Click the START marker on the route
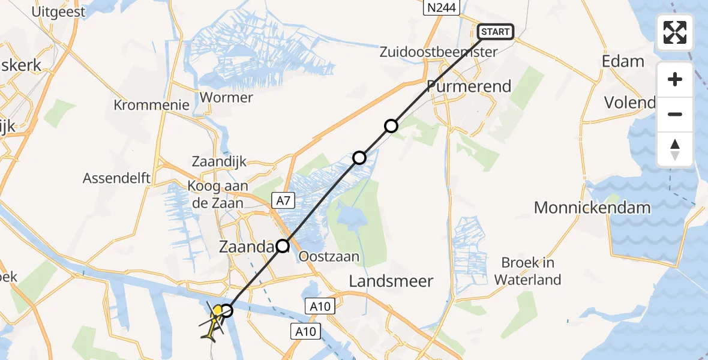pyautogui.click(x=496, y=31)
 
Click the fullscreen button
pyautogui.click(x=675, y=32)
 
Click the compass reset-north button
pyautogui.click(x=675, y=149)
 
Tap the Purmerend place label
pyautogui.click(x=469, y=86)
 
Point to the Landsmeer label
pyautogui.click(x=391, y=281)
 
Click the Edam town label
pyautogui.click(x=624, y=61)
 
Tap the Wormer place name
pyautogui.click(x=226, y=97)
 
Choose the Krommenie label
pyautogui.click(x=152, y=105)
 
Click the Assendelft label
pyautogui.click(x=116, y=178)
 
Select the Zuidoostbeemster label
pyautogui.click(x=439, y=52)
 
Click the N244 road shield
pyautogui.click(x=441, y=8)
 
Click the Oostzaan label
pyautogui.click(x=329, y=257)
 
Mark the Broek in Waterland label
pyautogui.click(x=528, y=271)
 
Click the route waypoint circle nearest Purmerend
pyautogui.click(x=391, y=126)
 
